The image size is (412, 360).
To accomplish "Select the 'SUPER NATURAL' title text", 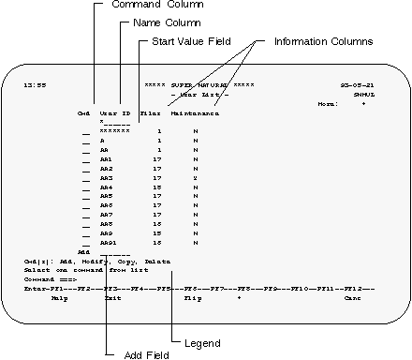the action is pyautogui.click(x=199, y=85).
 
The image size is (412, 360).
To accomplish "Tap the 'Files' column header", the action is pyautogui.click(x=150, y=112).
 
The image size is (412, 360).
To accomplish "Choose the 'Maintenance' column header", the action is pyautogui.click(x=195, y=112).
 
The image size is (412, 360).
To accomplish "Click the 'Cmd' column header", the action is pyautogui.click(x=83, y=112).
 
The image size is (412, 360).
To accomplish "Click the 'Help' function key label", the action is pyautogui.click(x=59, y=297).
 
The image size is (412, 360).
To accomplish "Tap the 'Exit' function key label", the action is pyautogui.click(x=113, y=297).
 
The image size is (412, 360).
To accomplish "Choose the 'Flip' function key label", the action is pyautogui.click(x=192, y=297).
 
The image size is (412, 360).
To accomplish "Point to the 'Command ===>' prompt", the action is pyautogui.click(x=44, y=278).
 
